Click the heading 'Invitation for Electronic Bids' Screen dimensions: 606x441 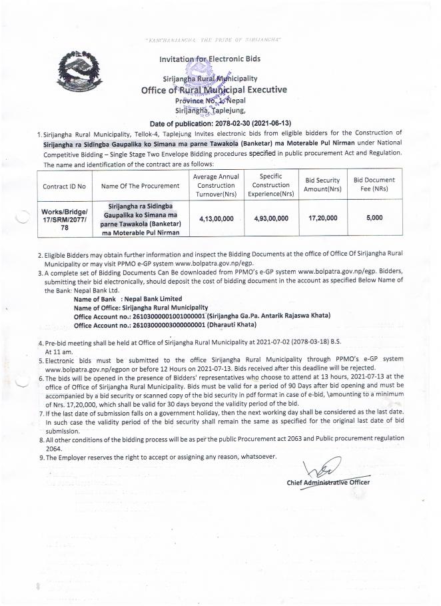click(x=210, y=59)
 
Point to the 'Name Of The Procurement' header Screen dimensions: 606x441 click(x=141, y=186)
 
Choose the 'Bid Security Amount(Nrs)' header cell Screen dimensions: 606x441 click(x=322, y=185)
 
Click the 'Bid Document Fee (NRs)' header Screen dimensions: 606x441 click(x=374, y=185)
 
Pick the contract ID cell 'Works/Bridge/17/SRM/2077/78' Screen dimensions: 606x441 click(x=60, y=218)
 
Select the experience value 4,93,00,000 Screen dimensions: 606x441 click(x=271, y=218)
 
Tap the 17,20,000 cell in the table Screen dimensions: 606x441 click(x=322, y=218)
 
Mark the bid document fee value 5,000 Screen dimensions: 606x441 click(x=374, y=218)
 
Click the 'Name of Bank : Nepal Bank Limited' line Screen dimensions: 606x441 click(x=124, y=300)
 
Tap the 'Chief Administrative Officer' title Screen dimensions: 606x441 click(x=328, y=482)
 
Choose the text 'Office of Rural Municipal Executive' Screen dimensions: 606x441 click(x=214, y=90)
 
